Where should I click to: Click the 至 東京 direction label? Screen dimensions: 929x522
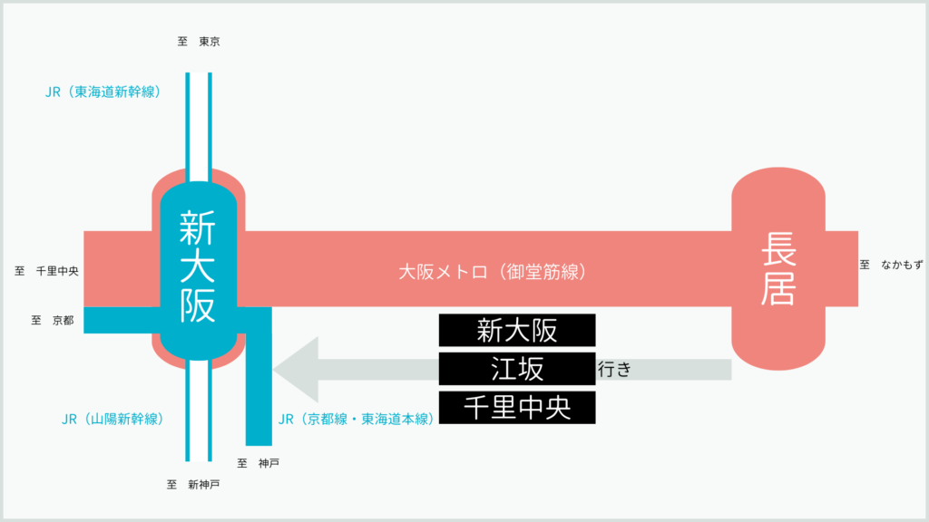coord(199,42)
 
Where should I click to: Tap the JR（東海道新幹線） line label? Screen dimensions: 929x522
coord(103,92)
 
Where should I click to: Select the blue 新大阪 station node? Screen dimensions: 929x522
coord(199,270)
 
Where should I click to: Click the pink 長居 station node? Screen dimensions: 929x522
coord(777,268)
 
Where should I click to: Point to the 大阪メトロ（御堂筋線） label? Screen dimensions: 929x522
coord(493,272)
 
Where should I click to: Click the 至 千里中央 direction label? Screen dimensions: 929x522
coord(47,271)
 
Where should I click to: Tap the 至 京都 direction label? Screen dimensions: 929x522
coord(53,320)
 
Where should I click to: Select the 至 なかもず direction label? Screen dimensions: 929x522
coord(892,266)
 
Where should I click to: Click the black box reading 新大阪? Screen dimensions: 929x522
coord(517,330)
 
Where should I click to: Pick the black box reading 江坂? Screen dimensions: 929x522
coord(517,369)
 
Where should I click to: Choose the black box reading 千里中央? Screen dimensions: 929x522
coord(517,407)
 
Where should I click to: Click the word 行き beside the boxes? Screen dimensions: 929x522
coord(614,370)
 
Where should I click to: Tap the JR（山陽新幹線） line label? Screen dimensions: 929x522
coord(112,419)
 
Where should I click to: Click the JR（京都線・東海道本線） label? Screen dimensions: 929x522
coord(356,419)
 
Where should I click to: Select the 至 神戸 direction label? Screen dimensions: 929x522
coord(258,463)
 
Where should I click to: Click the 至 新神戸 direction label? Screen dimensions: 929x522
coord(193,485)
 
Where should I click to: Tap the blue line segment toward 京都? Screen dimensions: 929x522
coord(122,320)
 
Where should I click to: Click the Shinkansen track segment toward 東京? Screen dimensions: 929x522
coord(199,127)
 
